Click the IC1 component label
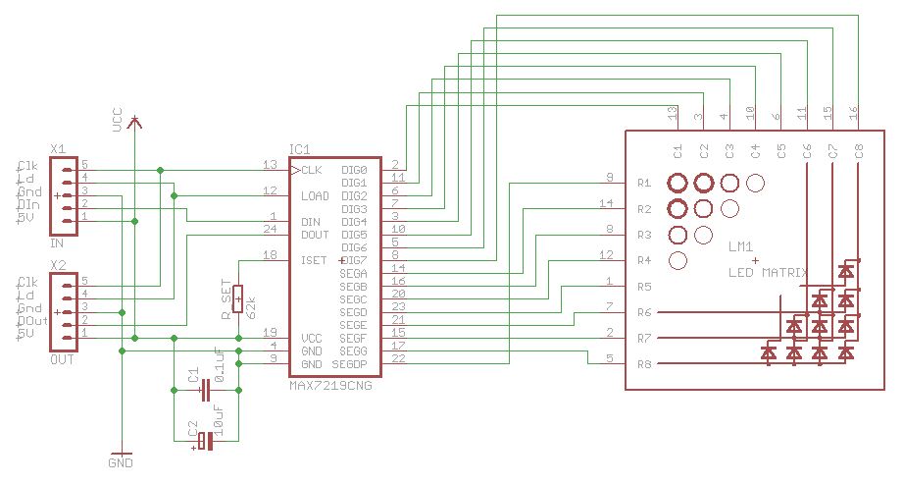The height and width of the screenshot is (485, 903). [x=299, y=150]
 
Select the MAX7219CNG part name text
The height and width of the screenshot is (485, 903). [x=330, y=386]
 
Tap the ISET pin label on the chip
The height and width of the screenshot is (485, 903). [x=314, y=260]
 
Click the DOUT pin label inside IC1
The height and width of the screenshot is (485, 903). [x=316, y=235]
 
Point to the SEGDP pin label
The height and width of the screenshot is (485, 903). [x=349, y=363]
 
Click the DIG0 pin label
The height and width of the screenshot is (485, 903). [x=354, y=170]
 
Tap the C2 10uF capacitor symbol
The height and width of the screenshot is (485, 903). [x=205, y=442]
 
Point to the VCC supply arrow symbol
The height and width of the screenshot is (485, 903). [x=135, y=122]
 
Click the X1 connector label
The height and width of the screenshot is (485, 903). [x=58, y=149]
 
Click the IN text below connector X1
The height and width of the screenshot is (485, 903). [x=57, y=242]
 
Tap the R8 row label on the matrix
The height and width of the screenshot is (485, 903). [x=644, y=364]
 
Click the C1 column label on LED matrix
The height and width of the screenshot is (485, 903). [x=677, y=151]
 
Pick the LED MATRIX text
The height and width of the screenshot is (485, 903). [x=768, y=272]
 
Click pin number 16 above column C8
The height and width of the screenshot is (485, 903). [x=855, y=114]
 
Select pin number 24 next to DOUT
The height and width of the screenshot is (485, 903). [x=271, y=229]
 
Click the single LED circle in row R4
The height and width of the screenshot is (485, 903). [x=677, y=260]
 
